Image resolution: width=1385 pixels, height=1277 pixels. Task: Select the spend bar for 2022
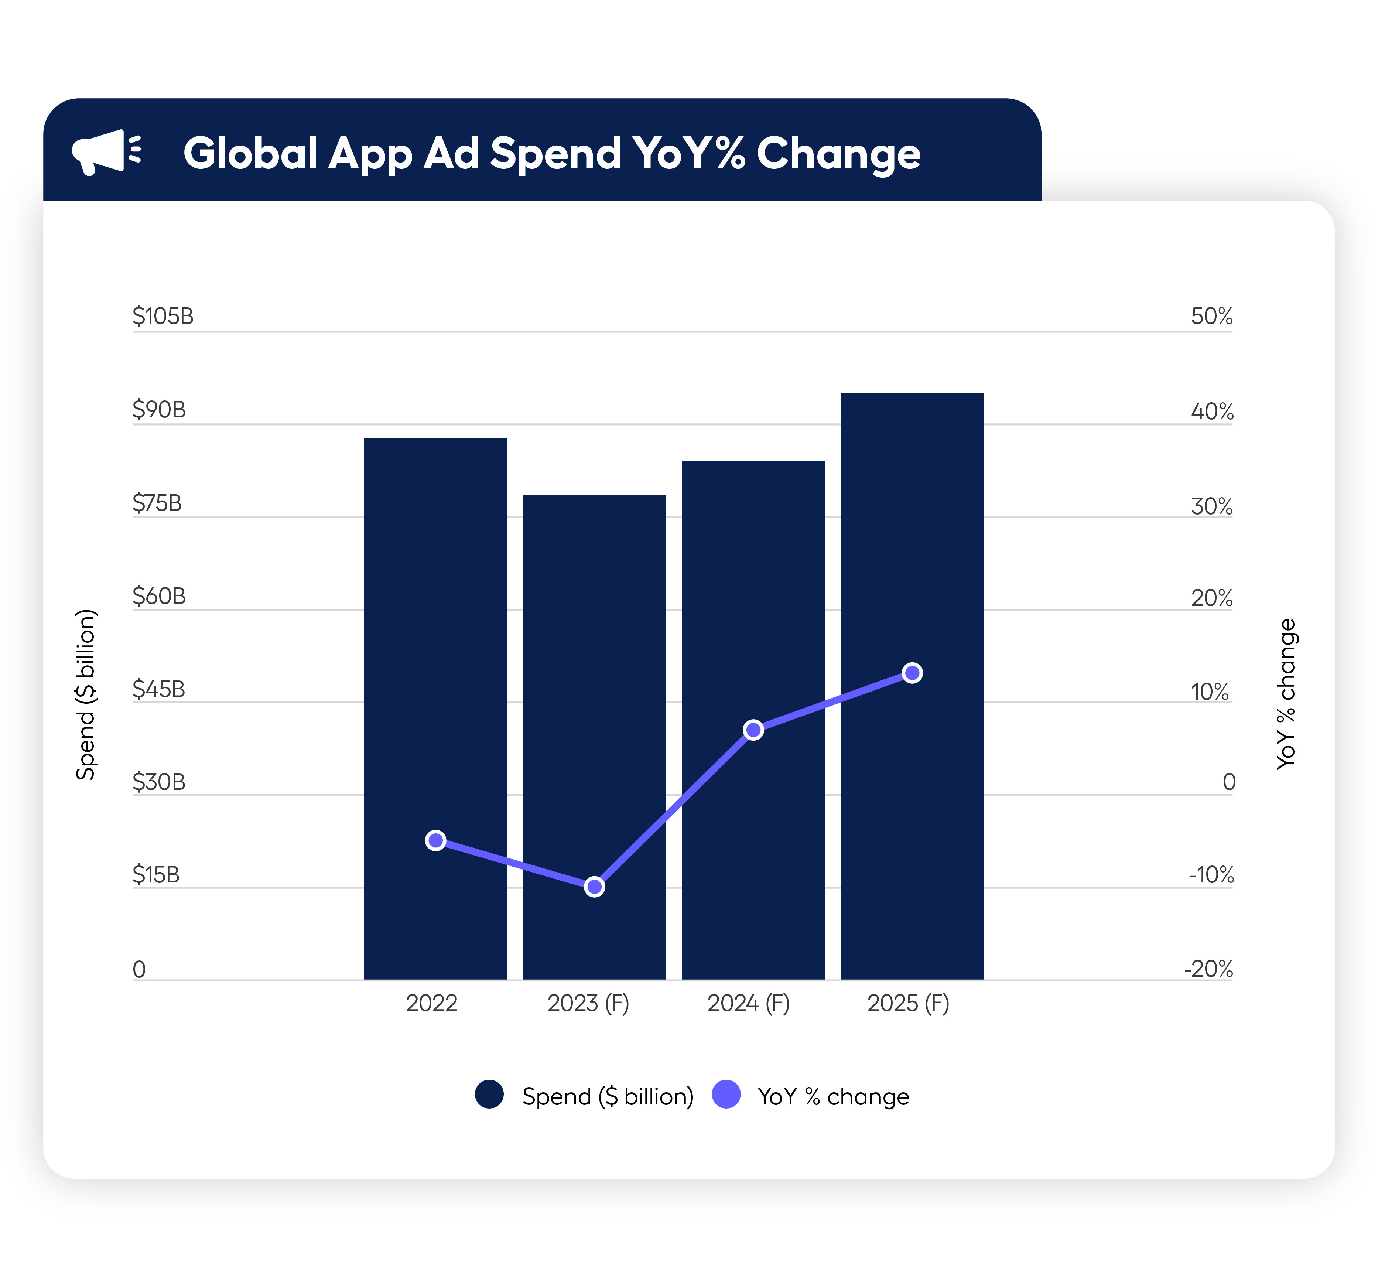[x=435, y=622]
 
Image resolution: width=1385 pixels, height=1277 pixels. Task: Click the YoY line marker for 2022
[x=435, y=840]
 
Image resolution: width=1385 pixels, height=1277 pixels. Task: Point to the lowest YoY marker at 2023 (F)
[x=594, y=887]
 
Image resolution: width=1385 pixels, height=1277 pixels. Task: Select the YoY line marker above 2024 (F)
[x=753, y=730]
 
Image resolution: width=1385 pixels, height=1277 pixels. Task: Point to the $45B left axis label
[x=159, y=689]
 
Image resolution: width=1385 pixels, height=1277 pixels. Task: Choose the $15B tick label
[x=156, y=875]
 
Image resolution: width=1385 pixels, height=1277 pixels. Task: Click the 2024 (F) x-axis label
[x=748, y=1003]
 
